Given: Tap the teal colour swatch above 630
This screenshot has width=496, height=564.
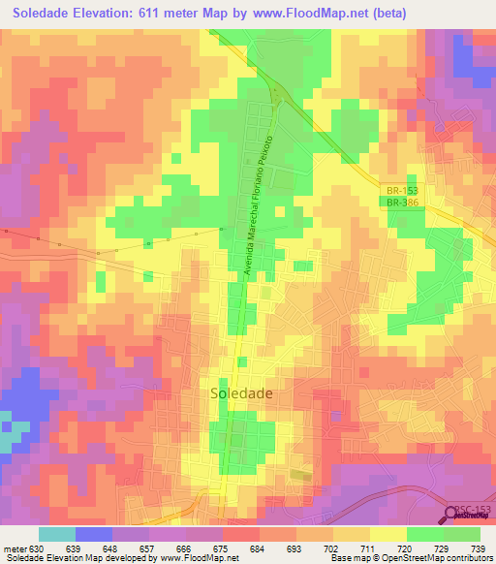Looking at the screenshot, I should (56, 534).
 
